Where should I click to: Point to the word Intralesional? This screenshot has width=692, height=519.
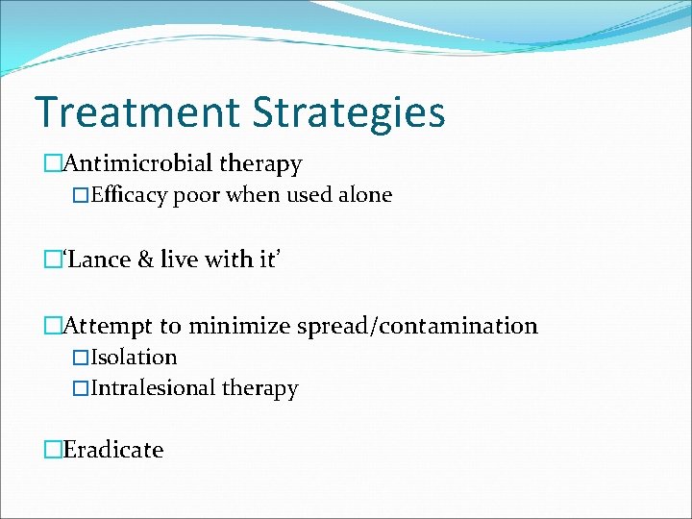click(x=154, y=388)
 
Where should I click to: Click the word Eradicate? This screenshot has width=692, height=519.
click(x=112, y=450)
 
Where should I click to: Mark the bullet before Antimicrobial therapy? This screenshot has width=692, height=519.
click(x=52, y=165)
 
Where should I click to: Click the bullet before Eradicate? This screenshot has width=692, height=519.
click(x=52, y=450)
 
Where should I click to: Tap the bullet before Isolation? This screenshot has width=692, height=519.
click(x=81, y=358)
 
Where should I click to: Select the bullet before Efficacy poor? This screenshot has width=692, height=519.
click(x=81, y=195)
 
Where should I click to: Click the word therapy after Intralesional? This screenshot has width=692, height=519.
click(x=260, y=388)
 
